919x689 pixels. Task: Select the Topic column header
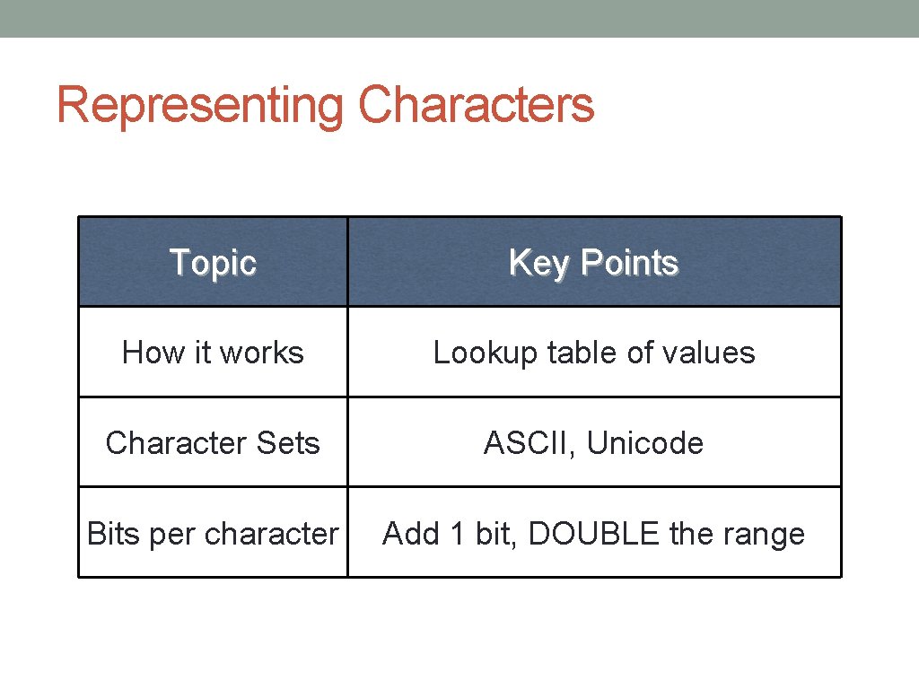213,263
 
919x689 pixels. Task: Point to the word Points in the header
629,263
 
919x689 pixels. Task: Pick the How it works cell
213,353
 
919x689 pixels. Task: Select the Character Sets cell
213,443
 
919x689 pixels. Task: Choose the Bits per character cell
213,534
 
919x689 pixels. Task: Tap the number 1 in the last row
457,534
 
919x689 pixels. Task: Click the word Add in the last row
410,534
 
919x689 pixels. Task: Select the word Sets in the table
287,443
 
